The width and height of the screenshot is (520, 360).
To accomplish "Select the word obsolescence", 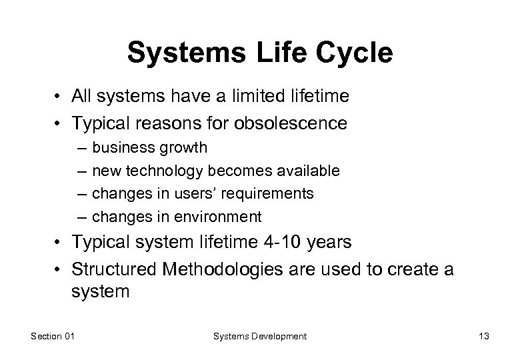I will (290, 123).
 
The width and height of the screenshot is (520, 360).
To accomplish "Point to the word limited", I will (257, 97).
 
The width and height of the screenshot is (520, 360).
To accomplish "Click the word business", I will (119, 147).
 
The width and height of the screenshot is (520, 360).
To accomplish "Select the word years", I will (329, 242).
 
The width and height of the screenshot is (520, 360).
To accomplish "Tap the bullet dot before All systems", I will (59, 97).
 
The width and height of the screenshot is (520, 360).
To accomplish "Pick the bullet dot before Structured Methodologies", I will (59, 269).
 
